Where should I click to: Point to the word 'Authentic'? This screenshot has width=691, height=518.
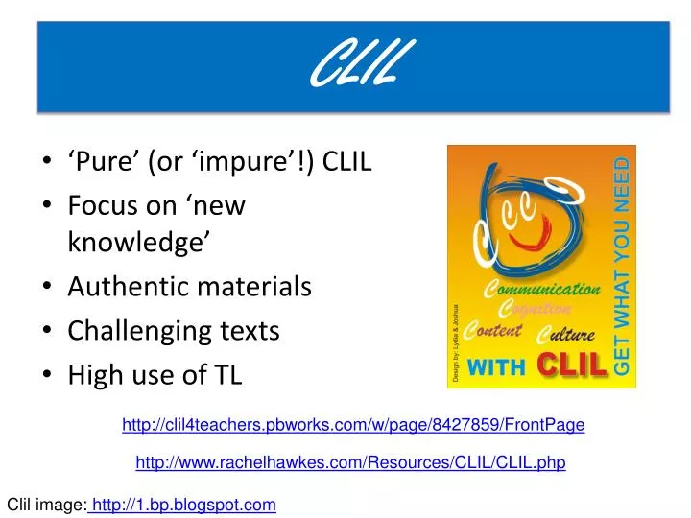[122, 287]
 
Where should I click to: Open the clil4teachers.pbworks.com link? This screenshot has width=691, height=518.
[353, 424]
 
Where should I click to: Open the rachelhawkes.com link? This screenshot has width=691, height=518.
[350, 462]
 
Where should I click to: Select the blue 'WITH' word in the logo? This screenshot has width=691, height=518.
[497, 365]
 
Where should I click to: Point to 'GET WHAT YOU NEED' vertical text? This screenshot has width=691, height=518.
[621, 265]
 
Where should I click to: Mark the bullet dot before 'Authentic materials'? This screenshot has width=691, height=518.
[48, 287]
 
